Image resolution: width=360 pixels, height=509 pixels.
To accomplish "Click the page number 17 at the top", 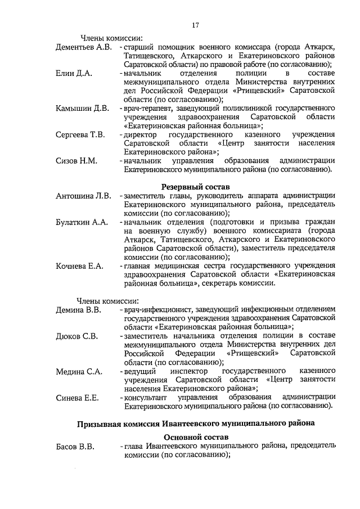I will (x=196, y=25).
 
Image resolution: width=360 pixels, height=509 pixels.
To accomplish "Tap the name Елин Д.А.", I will (x=74, y=74).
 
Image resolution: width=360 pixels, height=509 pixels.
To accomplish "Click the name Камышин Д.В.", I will (x=82, y=109).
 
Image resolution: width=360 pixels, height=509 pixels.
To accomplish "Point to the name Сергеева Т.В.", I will (x=80, y=135).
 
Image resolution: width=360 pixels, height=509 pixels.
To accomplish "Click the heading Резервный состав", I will (x=196, y=186).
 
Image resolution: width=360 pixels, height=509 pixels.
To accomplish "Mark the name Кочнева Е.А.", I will (x=80, y=265).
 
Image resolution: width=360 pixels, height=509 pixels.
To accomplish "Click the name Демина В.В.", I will (x=78, y=309).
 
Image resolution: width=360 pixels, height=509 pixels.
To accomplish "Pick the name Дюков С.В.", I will (x=77, y=336).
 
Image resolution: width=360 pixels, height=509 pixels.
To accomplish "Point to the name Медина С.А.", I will (x=78, y=371).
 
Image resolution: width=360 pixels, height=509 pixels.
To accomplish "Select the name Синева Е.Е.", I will (x=78, y=398).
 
